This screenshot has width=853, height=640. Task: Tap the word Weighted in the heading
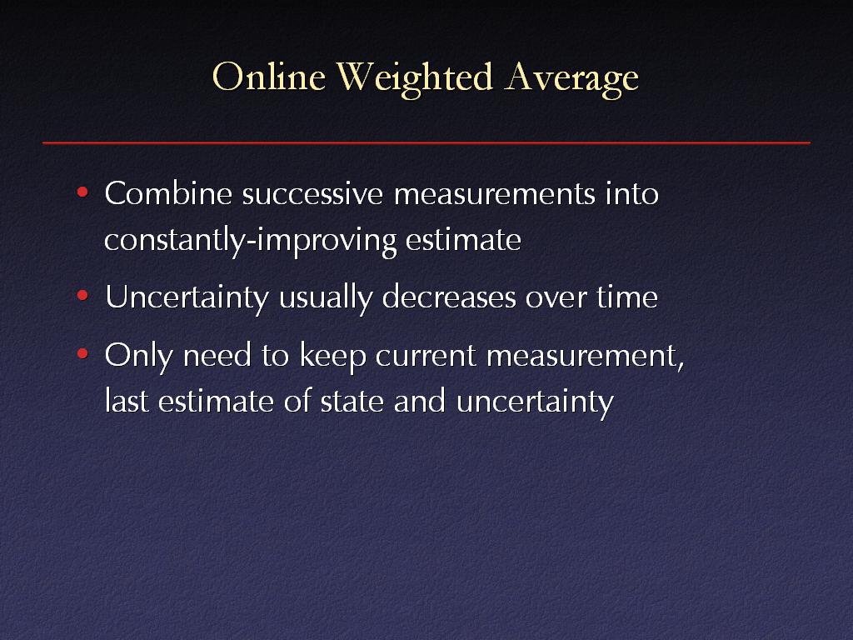[415, 79]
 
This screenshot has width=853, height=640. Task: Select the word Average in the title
[571, 80]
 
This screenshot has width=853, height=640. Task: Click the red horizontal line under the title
[426, 142]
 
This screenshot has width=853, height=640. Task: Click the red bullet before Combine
[82, 192]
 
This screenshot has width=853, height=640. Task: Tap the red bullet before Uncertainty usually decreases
[82, 296]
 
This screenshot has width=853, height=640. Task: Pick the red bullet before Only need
[82, 354]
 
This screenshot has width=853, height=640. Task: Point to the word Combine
[168, 193]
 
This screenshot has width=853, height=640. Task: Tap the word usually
[326, 298]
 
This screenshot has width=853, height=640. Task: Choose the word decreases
[449, 297]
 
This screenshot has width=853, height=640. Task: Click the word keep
[332, 357]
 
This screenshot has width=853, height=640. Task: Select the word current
[426, 357]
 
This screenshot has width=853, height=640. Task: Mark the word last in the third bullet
[127, 401]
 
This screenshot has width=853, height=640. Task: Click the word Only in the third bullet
[139, 357]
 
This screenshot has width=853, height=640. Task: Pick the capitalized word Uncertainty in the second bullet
[187, 298]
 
